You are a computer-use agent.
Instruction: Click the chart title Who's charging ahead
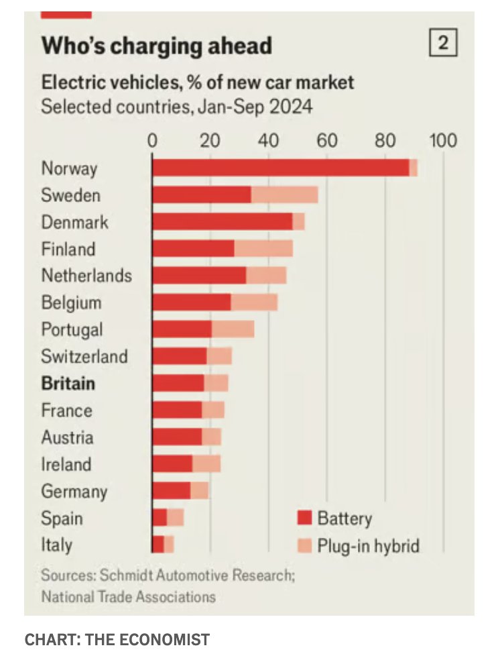(x=156, y=46)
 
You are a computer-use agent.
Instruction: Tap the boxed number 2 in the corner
(x=442, y=44)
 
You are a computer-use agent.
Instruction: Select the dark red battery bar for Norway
(x=280, y=168)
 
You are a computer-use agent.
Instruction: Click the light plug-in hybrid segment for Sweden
(x=284, y=195)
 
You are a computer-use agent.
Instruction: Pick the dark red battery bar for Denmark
(x=223, y=222)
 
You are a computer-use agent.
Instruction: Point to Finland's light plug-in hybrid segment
(x=263, y=249)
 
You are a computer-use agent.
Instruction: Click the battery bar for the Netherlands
(x=199, y=276)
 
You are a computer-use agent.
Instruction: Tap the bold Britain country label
(x=68, y=383)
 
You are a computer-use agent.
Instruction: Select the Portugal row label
(x=72, y=329)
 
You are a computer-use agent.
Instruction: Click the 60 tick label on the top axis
(x=327, y=141)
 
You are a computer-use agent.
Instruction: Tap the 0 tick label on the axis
(x=152, y=141)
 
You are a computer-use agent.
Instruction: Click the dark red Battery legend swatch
(x=305, y=518)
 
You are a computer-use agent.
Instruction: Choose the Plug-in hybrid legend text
(x=368, y=545)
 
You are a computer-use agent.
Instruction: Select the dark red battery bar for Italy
(x=158, y=544)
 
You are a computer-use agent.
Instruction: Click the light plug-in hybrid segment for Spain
(x=176, y=517)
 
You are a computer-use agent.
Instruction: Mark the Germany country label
(x=74, y=491)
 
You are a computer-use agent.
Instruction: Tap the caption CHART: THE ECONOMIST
(x=117, y=640)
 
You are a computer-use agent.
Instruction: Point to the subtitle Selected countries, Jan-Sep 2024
(x=177, y=107)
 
